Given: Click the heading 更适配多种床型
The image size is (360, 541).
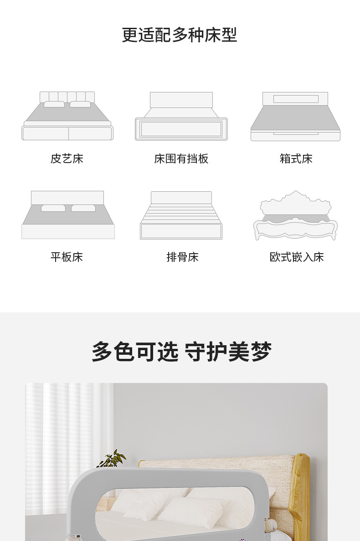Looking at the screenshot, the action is point(180,35).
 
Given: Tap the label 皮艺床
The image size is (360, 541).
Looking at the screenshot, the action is point(67,159).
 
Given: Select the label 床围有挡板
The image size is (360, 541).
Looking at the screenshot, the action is point(181,159).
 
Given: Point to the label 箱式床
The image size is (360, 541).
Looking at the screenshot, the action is point(296,159).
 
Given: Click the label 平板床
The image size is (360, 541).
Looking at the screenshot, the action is point(67,257).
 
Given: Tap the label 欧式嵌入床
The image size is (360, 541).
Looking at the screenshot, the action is point(297,257).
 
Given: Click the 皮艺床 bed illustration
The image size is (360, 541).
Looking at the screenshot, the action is point(67,117).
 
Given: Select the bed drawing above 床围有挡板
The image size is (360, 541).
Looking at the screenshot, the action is point(181,117).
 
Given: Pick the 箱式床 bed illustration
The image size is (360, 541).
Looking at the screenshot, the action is point(295,117).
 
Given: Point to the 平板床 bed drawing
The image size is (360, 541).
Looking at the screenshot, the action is point(68,215).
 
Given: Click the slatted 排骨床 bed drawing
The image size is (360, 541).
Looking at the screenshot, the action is point(181,215).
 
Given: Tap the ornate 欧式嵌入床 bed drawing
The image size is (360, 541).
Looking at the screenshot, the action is point(296,215).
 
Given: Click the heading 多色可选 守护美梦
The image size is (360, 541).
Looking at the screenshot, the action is point(181,352).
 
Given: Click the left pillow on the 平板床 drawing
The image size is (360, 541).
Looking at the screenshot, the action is point(53,208).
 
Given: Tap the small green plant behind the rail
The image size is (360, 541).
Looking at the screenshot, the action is point(112,459).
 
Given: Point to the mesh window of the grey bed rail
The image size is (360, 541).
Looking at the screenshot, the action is point(182,510).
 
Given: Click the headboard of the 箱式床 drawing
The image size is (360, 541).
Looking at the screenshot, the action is point(295,99).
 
